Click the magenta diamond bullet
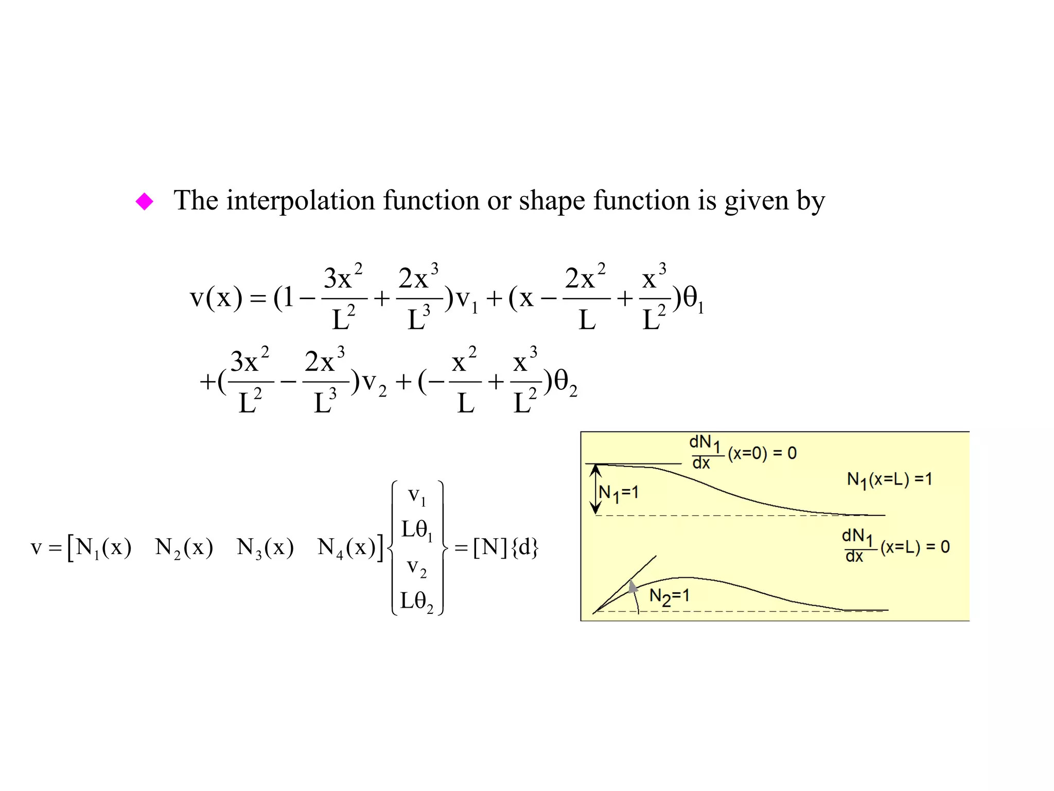(144, 201)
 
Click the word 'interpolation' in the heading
(301, 201)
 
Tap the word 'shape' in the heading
(552, 201)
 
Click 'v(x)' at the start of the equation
(216, 298)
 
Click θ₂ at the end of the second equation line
(565, 383)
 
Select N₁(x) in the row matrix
(103, 547)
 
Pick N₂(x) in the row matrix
(184, 547)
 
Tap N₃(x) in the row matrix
(265, 547)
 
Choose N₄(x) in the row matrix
(346, 547)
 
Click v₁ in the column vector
(417, 496)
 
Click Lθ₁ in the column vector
(417, 530)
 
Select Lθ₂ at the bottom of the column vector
(417, 601)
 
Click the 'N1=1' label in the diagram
(619, 493)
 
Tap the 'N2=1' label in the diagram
(669, 597)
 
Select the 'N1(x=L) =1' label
(889, 479)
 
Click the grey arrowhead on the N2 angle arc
(633, 586)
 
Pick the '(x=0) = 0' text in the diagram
(762, 453)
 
